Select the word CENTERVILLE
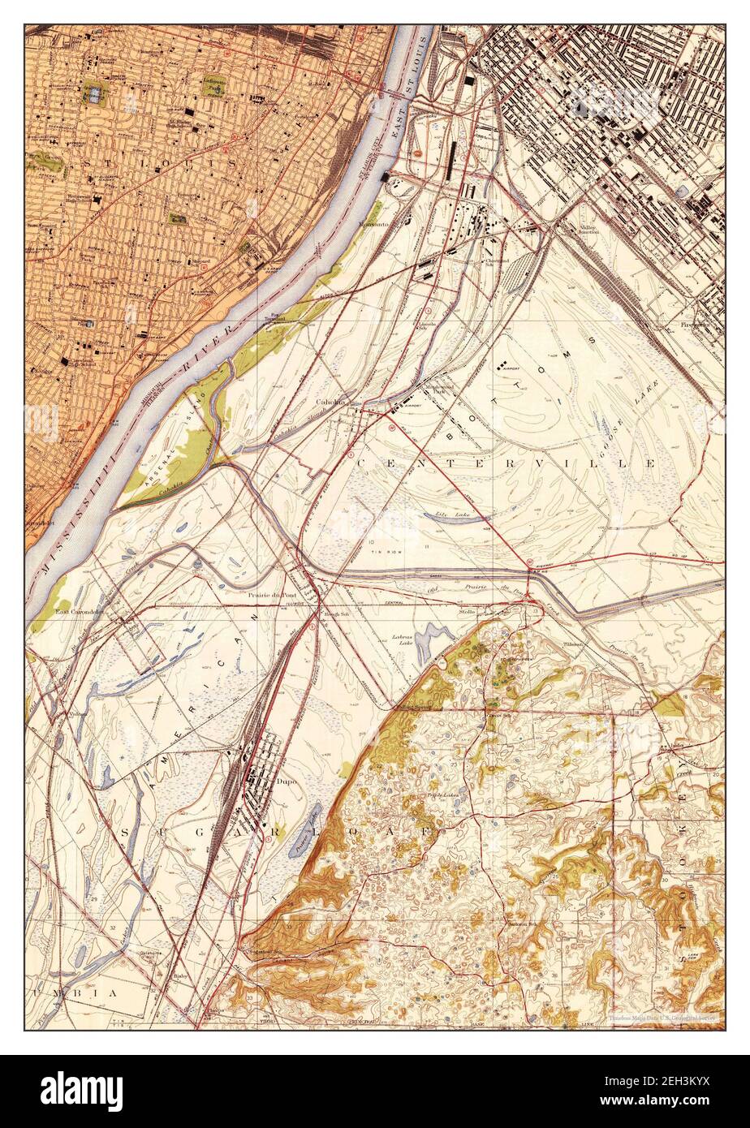click(x=503, y=463)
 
